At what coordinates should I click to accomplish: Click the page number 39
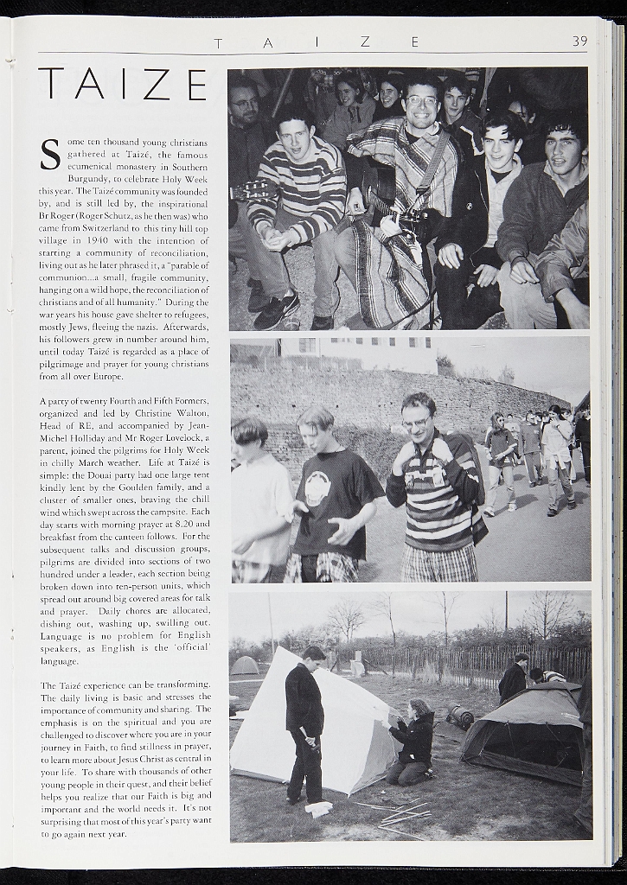point(579,41)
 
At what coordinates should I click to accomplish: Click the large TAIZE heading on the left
point(122,85)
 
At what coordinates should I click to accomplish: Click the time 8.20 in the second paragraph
point(196,524)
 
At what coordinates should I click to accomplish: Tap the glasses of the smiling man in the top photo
point(421,101)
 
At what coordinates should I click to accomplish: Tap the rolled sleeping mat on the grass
point(459,716)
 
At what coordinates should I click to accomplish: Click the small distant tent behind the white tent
point(246,665)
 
